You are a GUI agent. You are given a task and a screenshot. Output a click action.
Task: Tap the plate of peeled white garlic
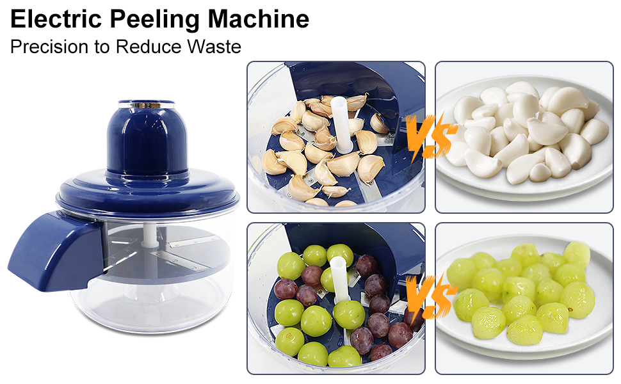point(524,138)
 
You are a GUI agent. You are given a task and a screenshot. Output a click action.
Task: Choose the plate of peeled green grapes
point(524,298)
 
